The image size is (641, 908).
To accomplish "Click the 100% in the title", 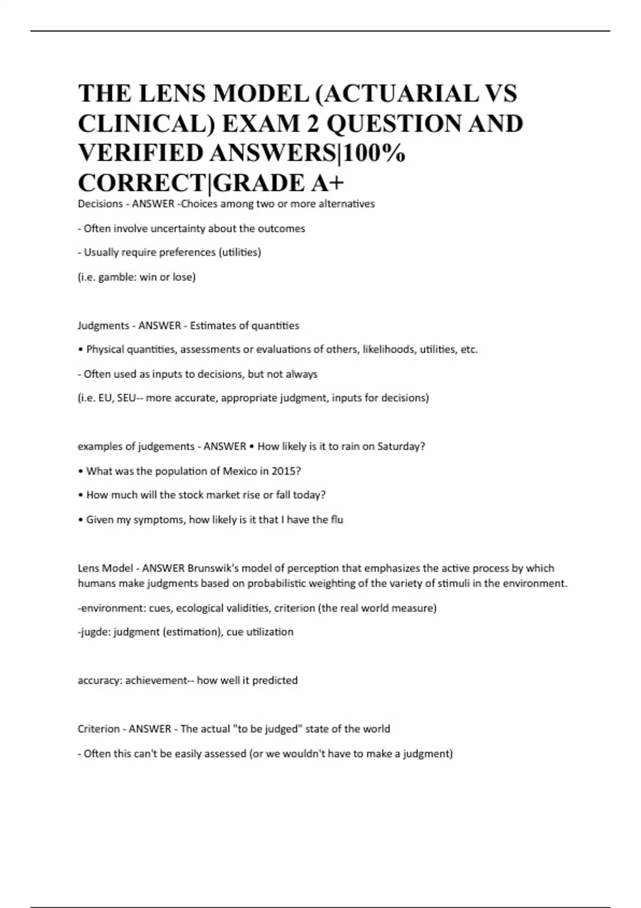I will [x=373, y=154].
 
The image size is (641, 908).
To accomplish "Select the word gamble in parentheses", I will [x=114, y=277].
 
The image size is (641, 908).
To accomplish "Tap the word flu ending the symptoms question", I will [x=337, y=520].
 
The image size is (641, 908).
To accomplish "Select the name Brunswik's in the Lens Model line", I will [x=211, y=568].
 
